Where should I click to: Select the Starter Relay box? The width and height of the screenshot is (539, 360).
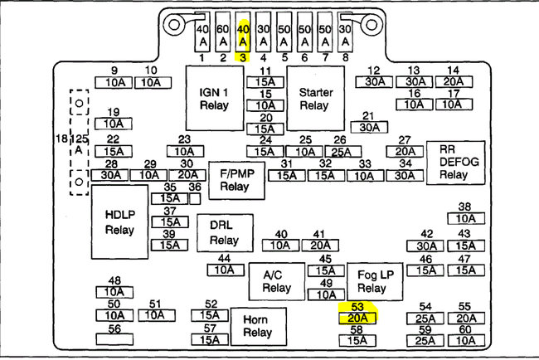click(315, 96)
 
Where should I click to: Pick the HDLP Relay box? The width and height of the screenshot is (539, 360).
click(119, 221)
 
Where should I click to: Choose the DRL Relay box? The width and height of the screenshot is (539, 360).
click(224, 234)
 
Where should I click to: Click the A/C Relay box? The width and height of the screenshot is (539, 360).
click(277, 282)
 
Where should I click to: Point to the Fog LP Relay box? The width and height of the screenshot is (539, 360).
click(371, 282)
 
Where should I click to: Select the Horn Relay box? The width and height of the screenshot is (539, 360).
click(258, 326)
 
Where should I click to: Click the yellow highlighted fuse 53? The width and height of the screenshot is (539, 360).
click(357, 318)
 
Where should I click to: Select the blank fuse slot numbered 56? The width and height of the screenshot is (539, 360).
click(114, 339)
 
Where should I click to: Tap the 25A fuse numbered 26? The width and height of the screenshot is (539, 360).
click(340, 152)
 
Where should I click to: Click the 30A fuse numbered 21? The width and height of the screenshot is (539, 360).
click(369, 128)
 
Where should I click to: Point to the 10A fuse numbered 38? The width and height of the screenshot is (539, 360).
click(464, 219)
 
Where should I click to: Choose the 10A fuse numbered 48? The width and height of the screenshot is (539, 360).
click(114, 292)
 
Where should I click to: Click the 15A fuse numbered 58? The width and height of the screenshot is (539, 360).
click(357, 340)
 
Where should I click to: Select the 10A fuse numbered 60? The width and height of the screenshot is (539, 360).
click(466, 340)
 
